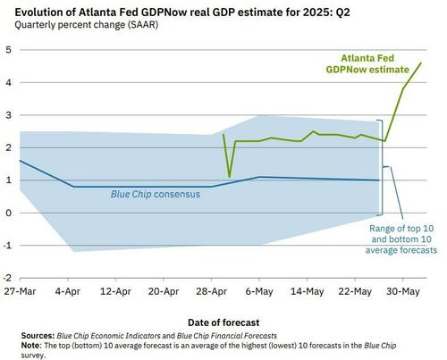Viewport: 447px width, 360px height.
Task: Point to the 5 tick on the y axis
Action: [x=8, y=48]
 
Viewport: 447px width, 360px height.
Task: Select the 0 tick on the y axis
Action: [x=8, y=213]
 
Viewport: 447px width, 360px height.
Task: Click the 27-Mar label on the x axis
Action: [x=19, y=291]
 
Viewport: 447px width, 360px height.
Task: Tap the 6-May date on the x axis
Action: [x=259, y=291]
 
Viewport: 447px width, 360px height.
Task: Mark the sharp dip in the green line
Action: [x=229, y=176]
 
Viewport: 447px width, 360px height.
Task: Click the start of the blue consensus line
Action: [x=19, y=161]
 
